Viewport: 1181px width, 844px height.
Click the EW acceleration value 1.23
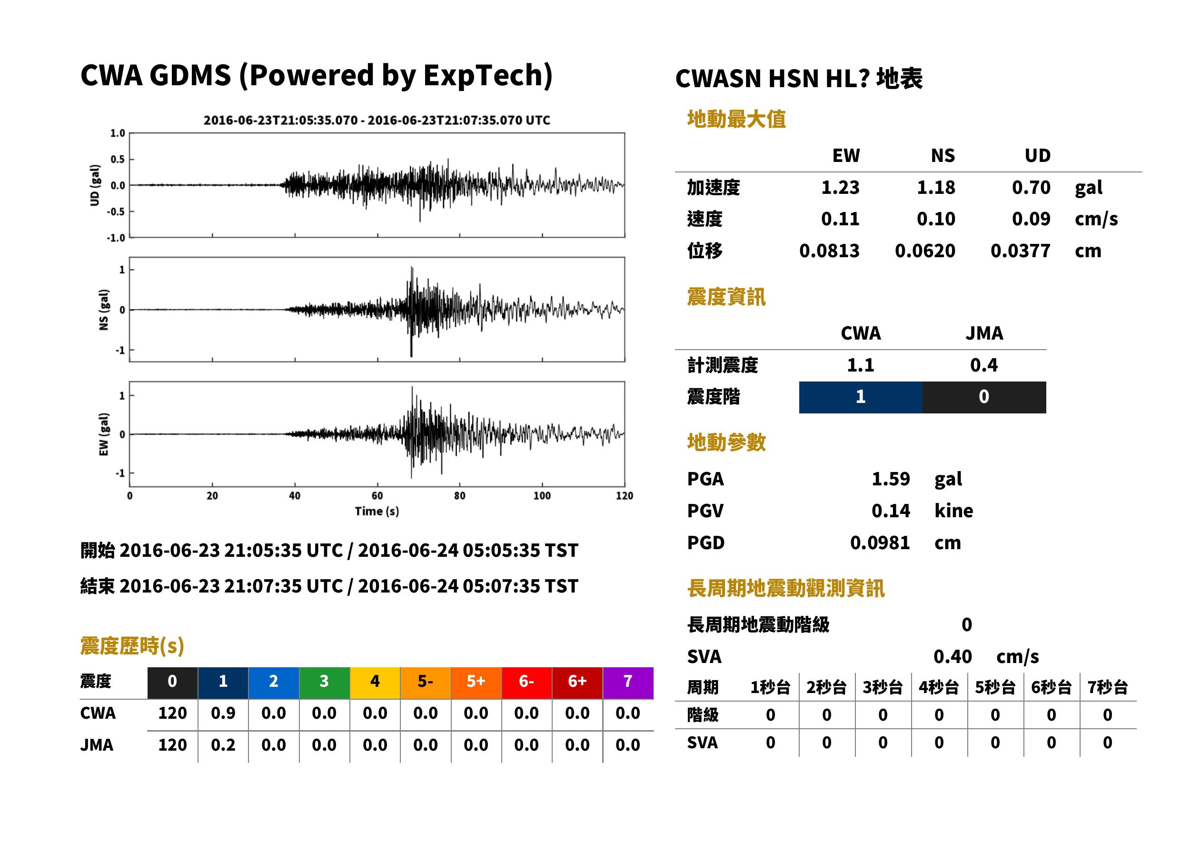(x=840, y=187)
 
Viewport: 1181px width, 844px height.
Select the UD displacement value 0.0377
(x=1020, y=251)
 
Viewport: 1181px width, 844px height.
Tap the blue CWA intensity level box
(x=861, y=397)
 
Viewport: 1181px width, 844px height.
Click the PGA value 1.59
(x=891, y=479)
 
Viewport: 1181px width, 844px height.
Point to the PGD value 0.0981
(x=880, y=543)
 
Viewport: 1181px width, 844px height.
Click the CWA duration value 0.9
(x=223, y=713)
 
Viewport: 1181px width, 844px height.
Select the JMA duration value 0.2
(x=223, y=745)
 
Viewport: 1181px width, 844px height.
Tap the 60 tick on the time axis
(x=377, y=496)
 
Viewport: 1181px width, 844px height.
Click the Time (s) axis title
(x=377, y=512)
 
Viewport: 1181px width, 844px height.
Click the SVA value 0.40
(x=953, y=656)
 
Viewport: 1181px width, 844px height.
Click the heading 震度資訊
(x=726, y=297)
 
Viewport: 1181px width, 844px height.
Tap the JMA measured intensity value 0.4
(x=983, y=365)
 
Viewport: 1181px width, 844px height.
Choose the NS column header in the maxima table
(x=943, y=155)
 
